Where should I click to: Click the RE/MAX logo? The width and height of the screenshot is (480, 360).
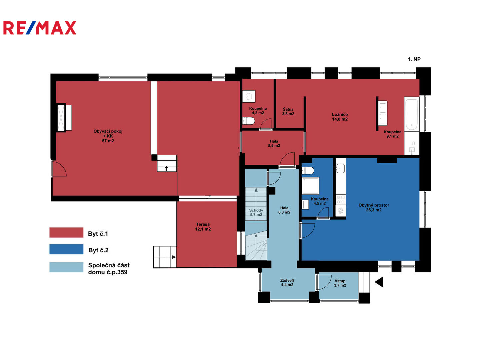[x=40, y=28]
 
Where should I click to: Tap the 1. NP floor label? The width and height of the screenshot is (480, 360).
[x=414, y=59]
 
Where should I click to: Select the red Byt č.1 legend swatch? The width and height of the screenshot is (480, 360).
[x=66, y=233]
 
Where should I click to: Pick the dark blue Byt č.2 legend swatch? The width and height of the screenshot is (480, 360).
[x=66, y=249]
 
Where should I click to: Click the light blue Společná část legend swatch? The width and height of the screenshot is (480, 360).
[x=66, y=267]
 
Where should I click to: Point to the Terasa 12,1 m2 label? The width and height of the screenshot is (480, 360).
[x=203, y=227]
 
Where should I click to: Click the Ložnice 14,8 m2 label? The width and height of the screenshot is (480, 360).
[x=340, y=117]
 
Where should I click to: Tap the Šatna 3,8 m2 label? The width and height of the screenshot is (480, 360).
[x=288, y=111]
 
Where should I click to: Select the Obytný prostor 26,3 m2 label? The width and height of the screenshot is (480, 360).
[x=374, y=207]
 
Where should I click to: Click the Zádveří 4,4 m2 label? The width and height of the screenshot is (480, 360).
[x=287, y=283]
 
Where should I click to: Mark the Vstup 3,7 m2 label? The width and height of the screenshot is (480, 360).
[x=340, y=283]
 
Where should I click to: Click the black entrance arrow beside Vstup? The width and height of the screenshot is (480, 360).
[x=379, y=282]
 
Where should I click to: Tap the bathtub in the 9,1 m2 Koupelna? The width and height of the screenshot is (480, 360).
[x=412, y=114]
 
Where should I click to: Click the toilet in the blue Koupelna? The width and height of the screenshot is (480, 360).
[x=308, y=171]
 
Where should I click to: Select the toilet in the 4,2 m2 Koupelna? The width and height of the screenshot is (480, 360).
[x=249, y=121]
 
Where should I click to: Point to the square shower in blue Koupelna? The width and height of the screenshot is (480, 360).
[x=310, y=186]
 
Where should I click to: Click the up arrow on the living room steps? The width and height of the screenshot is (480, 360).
[x=166, y=168]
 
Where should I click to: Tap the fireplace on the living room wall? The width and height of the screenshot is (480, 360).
[x=61, y=118]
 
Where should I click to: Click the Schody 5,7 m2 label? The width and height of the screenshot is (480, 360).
[x=256, y=212]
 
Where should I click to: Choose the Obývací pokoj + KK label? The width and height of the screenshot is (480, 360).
[x=108, y=136]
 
